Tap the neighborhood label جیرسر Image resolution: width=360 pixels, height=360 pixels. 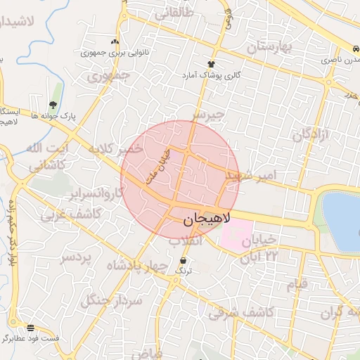click(x=209, y=114)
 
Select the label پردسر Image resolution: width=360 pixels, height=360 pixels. click(x=75, y=257)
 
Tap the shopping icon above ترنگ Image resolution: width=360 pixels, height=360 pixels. click(x=184, y=260)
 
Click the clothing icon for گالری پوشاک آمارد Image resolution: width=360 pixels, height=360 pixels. click(x=212, y=64)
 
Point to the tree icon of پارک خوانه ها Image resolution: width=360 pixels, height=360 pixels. click(x=53, y=105)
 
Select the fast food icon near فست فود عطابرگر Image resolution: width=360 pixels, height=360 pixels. click(x=30, y=328)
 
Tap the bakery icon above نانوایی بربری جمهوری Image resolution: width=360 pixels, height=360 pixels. click(x=115, y=42)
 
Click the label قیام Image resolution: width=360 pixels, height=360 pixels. click(x=297, y=285)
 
